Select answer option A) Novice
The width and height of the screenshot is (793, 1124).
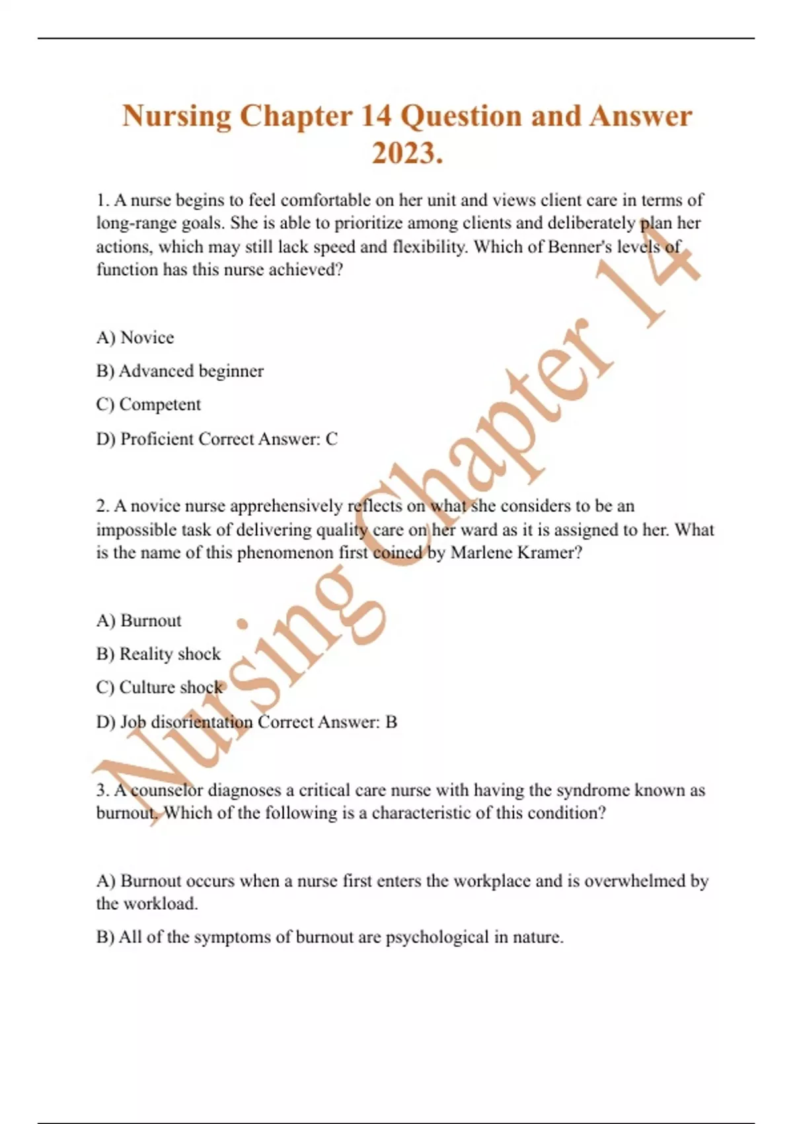tap(135, 337)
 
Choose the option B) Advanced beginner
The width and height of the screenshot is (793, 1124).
tap(180, 371)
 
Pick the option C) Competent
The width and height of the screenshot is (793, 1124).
tap(149, 405)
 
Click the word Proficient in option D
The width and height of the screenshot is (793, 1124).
tap(156, 439)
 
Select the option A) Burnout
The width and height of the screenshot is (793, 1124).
tap(139, 620)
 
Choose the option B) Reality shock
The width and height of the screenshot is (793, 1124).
tap(159, 654)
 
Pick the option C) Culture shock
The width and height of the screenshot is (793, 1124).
tap(159, 688)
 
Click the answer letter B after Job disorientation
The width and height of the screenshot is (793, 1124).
tap(391, 722)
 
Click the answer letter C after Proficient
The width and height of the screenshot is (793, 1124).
tap(332, 439)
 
